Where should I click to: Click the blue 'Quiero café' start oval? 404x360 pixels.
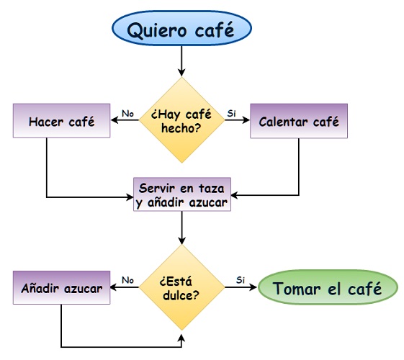click(x=181, y=30)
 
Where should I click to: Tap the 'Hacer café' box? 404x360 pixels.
click(x=62, y=121)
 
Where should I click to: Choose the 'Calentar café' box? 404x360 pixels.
click(x=299, y=121)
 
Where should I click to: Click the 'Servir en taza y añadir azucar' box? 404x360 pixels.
click(x=182, y=194)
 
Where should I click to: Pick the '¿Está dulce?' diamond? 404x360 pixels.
click(x=182, y=287)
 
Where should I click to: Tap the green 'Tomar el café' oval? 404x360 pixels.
click(x=328, y=288)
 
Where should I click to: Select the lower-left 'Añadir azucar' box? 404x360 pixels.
click(x=62, y=288)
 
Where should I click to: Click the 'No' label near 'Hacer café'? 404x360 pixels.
click(x=127, y=113)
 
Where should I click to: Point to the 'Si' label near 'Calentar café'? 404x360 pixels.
click(x=231, y=113)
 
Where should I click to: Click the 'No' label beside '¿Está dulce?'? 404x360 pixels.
click(x=127, y=280)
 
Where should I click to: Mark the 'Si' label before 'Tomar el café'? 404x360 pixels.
click(x=241, y=280)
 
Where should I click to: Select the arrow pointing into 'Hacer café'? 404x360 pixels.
click(x=125, y=121)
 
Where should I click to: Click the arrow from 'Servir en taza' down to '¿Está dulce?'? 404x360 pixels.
click(x=182, y=229)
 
